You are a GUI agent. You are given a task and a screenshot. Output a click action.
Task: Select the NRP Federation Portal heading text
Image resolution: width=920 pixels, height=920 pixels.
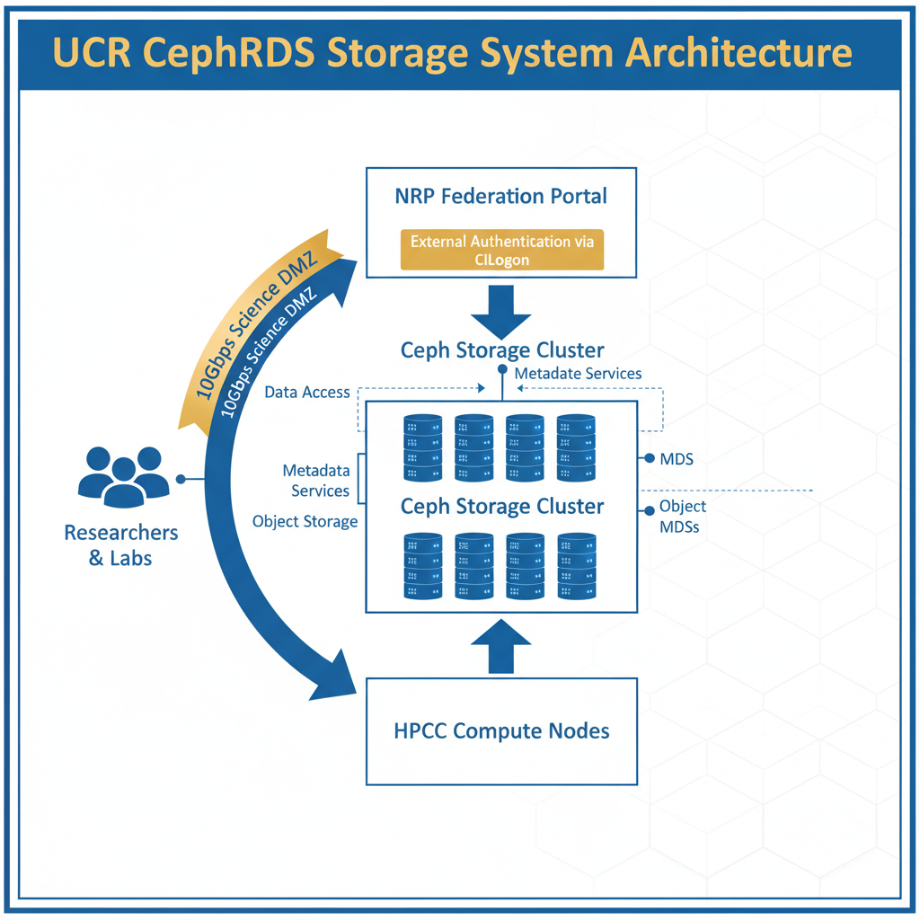501,196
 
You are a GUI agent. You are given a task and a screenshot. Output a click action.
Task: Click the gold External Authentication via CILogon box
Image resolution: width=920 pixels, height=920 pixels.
501,250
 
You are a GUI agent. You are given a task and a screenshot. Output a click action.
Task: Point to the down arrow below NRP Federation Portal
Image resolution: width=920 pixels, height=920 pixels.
501,311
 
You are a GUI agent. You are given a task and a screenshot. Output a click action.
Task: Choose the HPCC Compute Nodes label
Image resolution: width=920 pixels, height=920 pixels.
501,730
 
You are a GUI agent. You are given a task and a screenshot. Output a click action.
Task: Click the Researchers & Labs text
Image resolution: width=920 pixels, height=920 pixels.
120,545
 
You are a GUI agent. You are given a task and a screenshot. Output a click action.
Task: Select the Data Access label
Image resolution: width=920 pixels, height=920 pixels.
306,393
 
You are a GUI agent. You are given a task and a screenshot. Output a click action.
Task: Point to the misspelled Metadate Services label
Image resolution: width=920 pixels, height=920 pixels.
578,373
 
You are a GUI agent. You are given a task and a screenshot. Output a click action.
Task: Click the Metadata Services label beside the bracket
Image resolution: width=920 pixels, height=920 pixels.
315,481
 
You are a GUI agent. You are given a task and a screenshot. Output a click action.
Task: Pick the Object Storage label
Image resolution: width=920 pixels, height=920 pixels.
305,522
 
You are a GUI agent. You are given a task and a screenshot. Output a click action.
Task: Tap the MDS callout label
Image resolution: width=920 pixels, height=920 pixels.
676,459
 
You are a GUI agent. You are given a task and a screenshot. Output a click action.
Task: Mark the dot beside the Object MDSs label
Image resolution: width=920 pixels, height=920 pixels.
649,511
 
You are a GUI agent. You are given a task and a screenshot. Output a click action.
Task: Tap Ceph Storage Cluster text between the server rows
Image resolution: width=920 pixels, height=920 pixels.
501,507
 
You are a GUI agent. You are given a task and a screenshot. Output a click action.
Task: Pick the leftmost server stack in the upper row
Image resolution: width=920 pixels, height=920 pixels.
423,448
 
